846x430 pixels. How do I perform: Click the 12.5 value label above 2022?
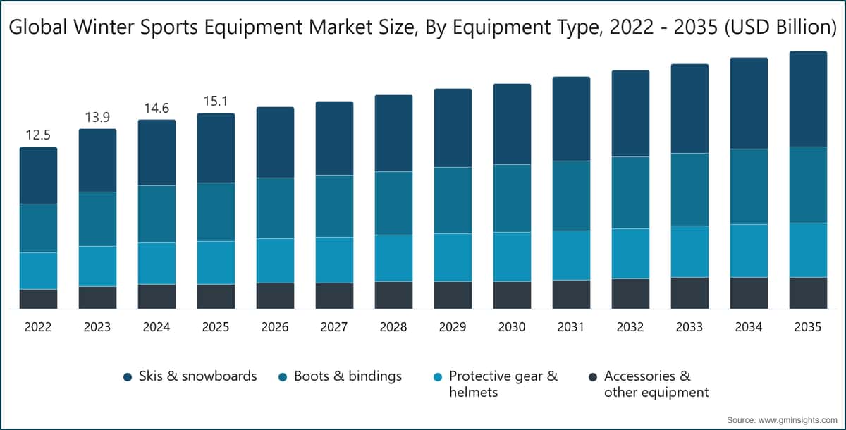point(38,135)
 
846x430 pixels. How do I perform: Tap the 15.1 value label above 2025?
point(216,101)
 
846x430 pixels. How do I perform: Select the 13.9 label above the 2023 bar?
point(97,117)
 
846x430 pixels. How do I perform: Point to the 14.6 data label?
point(157,108)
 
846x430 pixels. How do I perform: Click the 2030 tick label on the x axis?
point(512,328)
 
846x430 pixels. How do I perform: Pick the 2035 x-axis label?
point(808,328)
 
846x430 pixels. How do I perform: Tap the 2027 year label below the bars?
point(334,328)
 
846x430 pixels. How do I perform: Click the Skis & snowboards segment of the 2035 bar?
point(808,99)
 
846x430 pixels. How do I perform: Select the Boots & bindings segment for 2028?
point(393,203)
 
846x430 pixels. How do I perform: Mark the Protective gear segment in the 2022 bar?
point(38,271)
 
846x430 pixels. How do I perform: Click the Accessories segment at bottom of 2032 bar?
point(630,293)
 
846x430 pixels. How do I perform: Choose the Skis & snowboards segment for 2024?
point(157,152)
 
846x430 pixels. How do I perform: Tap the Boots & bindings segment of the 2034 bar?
point(749,187)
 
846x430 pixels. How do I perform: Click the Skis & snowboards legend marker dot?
point(128,377)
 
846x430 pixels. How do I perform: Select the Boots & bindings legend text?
point(348,376)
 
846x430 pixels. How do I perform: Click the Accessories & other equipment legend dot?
point(593,377)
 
